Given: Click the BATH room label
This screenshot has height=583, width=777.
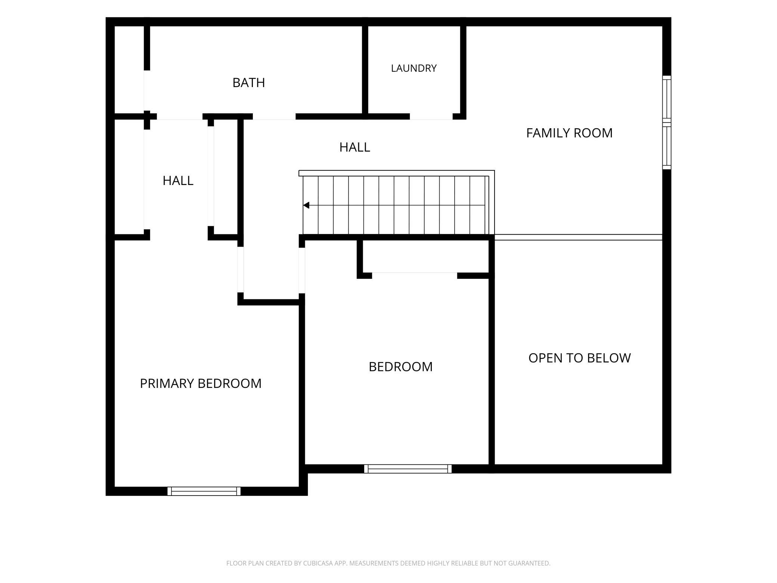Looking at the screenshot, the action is point(248,83).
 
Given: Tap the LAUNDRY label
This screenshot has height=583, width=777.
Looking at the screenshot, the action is point(414,68).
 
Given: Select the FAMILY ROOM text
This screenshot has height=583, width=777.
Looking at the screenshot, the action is point(569,133).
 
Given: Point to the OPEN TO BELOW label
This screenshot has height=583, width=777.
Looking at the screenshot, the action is point(579,358).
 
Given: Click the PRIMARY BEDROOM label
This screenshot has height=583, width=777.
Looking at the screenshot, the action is point(201,383).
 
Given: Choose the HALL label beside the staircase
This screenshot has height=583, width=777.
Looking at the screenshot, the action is point(355,147).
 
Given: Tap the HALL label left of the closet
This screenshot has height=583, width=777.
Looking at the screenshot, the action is point(178,181).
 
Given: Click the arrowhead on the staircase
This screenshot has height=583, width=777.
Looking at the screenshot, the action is point(306,205).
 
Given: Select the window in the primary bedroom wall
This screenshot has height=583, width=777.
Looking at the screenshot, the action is point(204,491).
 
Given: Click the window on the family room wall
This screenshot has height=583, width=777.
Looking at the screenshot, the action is point(667,123).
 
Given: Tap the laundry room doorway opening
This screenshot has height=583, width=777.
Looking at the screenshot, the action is point(431,117).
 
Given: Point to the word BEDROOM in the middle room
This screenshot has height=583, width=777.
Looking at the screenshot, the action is point(400,367).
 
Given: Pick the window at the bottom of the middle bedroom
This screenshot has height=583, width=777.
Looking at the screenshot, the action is point(408,469).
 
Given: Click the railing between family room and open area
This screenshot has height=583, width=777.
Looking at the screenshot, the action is point(578,237).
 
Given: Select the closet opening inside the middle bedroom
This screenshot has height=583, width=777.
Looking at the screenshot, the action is point(415,276).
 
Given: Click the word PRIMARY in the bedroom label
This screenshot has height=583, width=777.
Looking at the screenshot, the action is point(167,383).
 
